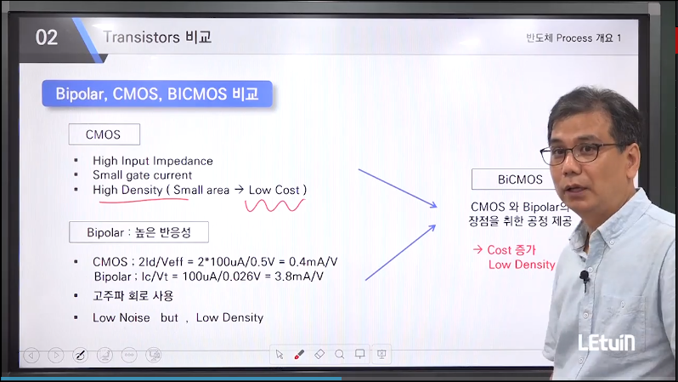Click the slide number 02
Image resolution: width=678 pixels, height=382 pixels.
click(46, 37)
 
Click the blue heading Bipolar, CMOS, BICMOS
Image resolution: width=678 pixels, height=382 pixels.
click(157, 94)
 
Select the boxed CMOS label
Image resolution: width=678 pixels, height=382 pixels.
click(105, 134)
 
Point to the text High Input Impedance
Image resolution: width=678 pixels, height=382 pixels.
click(153, 161)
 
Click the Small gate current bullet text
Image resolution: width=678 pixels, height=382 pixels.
click(142, 175)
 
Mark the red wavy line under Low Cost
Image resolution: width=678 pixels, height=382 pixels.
click(274, 205)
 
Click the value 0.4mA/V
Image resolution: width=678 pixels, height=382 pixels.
click(313, 261)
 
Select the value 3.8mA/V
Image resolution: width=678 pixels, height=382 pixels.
click(299, 277)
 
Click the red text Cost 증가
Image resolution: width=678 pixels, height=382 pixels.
click(511, 250)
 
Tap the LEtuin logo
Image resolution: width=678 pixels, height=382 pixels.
click(607, 343)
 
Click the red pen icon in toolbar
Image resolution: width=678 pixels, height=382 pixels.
click(299, 355)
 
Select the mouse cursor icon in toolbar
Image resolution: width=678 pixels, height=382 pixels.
click(280, 355)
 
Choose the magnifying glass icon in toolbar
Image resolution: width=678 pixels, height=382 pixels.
click(340, 355)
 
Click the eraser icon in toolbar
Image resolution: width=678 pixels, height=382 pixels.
click(319, 354)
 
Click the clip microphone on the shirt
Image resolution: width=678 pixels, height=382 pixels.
click(585, 277)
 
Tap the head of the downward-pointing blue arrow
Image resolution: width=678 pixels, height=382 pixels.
click(434, 205)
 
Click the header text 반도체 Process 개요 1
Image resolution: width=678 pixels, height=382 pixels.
click(573, 38)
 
